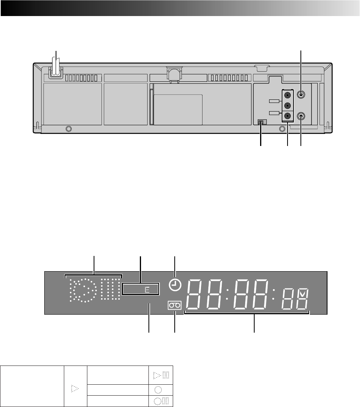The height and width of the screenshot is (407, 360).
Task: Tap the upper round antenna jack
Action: coord(301,94)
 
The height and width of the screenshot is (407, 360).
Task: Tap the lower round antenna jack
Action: coord(301,116)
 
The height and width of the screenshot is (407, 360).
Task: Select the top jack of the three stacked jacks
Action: coord(287,95)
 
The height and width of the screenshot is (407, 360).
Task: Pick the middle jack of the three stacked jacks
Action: coord(287,106)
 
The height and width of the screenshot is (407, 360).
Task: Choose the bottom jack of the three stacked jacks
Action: coord(287,116)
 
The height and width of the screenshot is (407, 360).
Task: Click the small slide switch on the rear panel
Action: coord(262,122)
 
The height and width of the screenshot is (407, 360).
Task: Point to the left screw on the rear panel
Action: coord(69,129)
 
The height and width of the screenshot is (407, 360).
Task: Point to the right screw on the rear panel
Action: coord(282,129)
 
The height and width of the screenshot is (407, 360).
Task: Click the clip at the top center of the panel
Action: coord(174,74)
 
